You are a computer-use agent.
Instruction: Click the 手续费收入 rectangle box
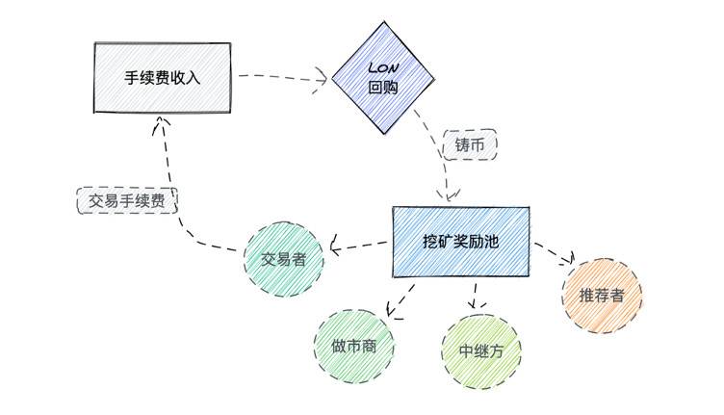point(162,76)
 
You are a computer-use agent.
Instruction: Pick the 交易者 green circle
point(283,259)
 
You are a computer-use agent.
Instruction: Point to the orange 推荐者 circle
point(602,295)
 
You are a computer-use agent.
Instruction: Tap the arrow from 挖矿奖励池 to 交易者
point(360,246)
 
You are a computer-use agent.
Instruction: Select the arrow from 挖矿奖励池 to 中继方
point(472,298)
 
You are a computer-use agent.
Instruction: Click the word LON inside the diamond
point(380,69)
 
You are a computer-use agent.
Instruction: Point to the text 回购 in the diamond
point(380,88)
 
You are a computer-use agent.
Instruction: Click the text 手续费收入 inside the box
point(162,77)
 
